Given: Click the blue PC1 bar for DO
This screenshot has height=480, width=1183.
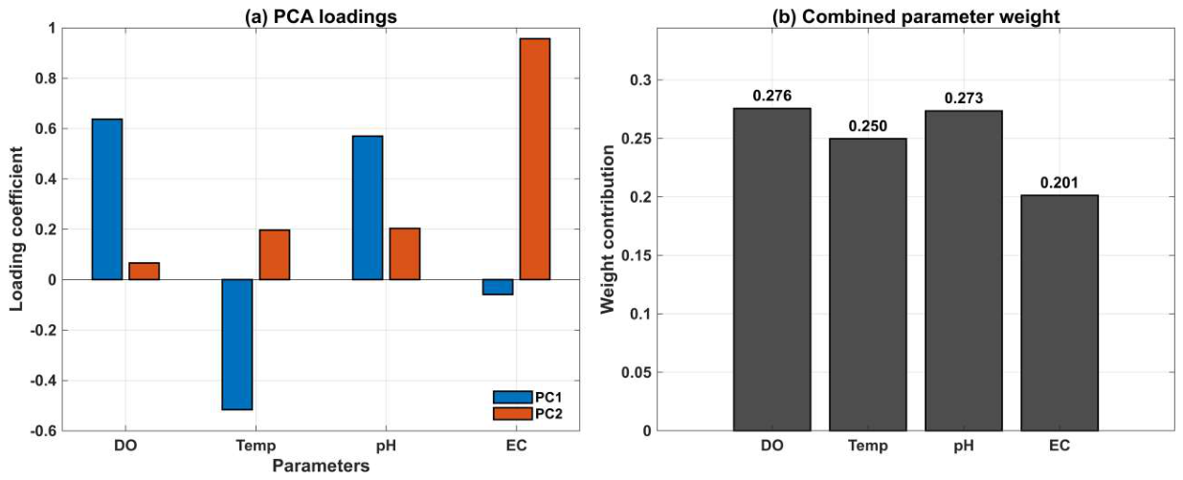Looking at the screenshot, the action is pos(106,199).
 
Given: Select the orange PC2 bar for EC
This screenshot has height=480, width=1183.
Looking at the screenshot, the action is pos(534,159).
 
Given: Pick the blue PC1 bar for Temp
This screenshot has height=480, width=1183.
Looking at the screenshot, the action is pos(237,344).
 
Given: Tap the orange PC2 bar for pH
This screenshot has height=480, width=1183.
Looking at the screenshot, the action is pos(405,253).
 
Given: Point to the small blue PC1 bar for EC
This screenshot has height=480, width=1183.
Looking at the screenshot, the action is pos(498,287).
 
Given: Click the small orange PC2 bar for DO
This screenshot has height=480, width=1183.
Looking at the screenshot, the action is pos(145,272).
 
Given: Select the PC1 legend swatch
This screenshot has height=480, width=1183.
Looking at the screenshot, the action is pos(512,397).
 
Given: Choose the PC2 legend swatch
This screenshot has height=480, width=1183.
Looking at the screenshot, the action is pos(512,413).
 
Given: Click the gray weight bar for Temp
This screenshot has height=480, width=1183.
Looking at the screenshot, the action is pos(868,285).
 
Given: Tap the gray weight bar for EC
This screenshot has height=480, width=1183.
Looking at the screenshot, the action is pos(1060,313).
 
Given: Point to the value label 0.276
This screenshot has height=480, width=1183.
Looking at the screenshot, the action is pos(772,96).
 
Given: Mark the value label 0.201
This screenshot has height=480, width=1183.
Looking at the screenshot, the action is pos(1060,183).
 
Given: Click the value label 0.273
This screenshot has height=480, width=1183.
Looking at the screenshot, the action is pos(964,98).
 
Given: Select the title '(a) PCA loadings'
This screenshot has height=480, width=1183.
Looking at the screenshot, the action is pos(321,17).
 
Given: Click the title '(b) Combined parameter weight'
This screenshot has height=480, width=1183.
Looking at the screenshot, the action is pos(916,17).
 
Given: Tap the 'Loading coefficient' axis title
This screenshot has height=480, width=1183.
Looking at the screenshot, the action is pos(16,229).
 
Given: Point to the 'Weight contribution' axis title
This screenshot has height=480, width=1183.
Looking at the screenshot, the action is pos(608,229).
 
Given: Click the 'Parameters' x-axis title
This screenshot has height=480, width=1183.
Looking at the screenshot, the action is pos(321,466).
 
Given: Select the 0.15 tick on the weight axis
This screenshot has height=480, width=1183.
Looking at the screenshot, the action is pos(636,255).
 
